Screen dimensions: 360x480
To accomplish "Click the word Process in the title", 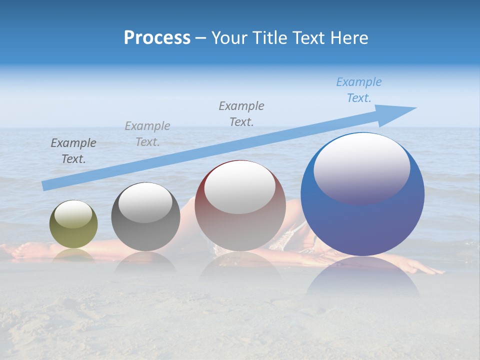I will pos(157,38).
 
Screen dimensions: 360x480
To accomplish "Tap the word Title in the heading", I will pos(269,38).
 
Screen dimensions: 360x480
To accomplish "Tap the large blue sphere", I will pos(362,220).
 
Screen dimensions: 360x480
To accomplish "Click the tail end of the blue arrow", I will pos(46,186).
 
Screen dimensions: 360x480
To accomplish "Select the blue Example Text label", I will pos(359,90).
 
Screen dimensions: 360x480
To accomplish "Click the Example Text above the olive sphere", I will pos(73,151).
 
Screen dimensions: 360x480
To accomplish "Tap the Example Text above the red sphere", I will pos(241,113).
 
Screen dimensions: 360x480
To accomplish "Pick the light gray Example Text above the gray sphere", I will pos(147,134).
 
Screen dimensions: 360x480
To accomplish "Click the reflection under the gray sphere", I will pos(145,262).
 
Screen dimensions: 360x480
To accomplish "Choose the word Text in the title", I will pos(311,38).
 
